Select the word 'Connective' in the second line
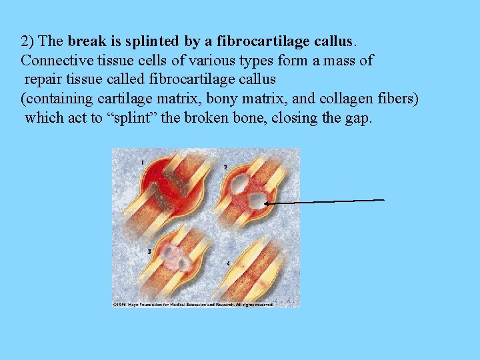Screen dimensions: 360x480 pos(51,61)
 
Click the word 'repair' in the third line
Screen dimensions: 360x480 pos(43,80)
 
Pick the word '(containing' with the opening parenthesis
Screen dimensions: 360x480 pos(53,99)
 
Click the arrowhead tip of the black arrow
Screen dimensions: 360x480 pos(266,203)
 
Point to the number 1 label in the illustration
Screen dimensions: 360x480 pos(142,162)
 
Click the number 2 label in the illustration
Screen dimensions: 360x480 pos(225,166)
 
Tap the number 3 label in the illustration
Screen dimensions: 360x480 pos(149,251)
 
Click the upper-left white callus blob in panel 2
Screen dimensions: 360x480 pos(237,187)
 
